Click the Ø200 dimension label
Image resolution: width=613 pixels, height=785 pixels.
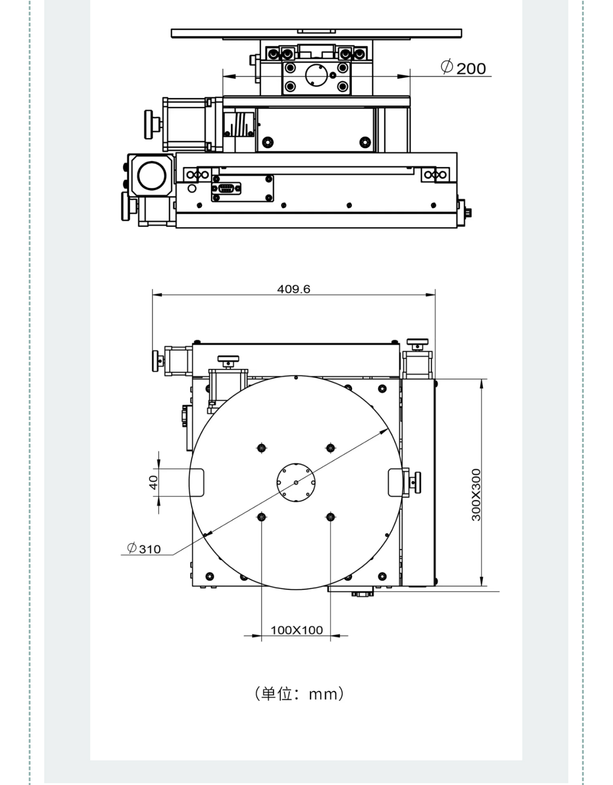click(x=463, y=68)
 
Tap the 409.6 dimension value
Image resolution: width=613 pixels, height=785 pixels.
click(x=294, y=289)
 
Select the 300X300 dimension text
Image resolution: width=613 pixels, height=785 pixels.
click(x=476, y=494)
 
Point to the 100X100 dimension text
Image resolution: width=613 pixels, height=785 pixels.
click(x=297, y=630)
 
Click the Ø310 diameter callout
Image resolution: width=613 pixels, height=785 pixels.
click(x=144, y=548)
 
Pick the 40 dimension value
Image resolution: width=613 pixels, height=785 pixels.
click(x=153, y=482)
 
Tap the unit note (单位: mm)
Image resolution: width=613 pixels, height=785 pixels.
click(x=299, y=694)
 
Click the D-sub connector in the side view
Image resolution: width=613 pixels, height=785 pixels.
click(x=226, y=188)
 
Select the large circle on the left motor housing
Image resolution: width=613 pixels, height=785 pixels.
click(x=152, y=176)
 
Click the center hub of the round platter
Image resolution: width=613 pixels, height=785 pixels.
click(x=296, y=482)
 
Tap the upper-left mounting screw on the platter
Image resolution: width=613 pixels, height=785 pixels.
click(x=261, y=448)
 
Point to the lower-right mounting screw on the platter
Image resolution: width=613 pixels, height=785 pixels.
click(x=330, y=517)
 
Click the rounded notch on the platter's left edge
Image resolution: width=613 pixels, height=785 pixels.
click(x=197, y=482)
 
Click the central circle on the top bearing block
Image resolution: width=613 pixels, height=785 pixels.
click(x=317, y=75)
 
